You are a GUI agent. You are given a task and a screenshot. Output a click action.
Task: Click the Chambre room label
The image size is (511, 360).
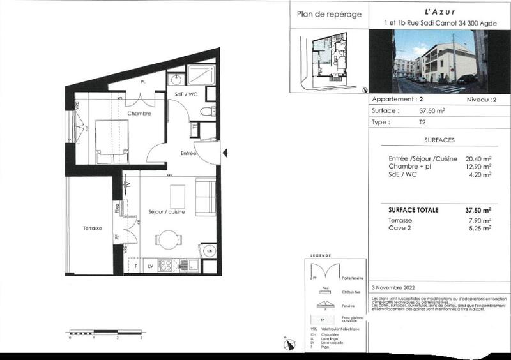coord(139,114)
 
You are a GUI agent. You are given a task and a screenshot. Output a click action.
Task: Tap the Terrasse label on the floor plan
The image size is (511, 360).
coord(92,228)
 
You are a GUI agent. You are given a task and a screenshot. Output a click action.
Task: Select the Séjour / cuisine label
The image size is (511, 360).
coord(166,212)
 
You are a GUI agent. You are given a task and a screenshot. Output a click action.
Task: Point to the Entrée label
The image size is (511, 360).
coord(188,153)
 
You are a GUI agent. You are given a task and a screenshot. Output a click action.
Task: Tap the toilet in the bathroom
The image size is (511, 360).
coord(207,111)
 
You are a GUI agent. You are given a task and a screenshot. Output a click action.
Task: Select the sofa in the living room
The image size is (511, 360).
coord(206,198)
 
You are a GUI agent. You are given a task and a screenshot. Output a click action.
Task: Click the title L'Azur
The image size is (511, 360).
coord(438,11)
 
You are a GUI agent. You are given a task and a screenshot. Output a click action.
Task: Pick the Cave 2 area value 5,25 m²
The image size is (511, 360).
coord(480,227)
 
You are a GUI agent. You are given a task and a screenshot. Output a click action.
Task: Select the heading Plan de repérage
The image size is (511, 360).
coord(329,14)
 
